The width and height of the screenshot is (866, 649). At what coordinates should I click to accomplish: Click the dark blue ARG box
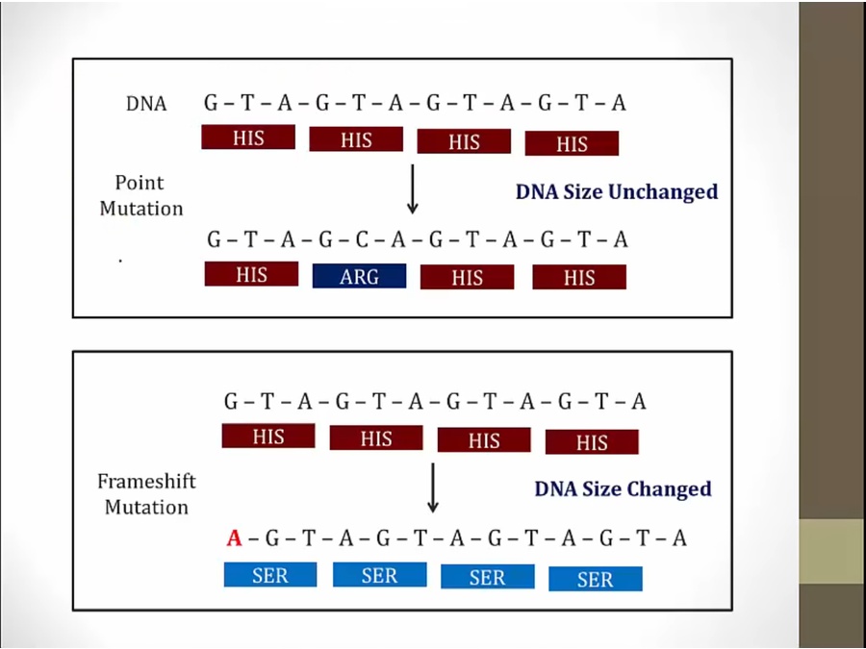tap(359, 277)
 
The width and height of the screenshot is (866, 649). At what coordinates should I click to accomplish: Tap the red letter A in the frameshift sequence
tap(234, 538)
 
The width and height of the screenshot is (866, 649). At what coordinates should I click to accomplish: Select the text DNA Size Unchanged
tap(616, 192)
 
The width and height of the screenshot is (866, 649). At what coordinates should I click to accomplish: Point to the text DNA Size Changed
tap(623, 489)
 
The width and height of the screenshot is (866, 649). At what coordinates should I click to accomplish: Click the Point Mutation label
tap(140, 195)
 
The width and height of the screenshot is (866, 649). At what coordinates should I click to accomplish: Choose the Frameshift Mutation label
tap(146, 494)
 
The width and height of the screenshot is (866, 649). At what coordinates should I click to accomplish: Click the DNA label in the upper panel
tap(146, 104)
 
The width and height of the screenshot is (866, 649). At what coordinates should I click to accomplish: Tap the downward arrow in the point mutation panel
tap(413, 188)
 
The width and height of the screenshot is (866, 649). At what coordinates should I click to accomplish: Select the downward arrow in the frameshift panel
tap(433, 487)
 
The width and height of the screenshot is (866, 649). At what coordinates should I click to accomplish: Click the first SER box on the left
tap(270, 575)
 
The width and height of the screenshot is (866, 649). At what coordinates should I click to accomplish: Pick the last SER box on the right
tap(595, 579)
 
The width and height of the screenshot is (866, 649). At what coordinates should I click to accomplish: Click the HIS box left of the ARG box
tap(251, 275)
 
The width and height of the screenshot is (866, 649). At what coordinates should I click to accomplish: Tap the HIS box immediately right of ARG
tap(467, 278)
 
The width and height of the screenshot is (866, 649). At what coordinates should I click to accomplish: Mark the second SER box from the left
tap(379, 575)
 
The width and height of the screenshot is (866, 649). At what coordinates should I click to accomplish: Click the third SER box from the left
tap(487, 577)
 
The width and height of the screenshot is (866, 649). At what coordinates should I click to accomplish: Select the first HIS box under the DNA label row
tap(247, 137)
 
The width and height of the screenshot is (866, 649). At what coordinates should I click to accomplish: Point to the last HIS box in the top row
tap(572, 143)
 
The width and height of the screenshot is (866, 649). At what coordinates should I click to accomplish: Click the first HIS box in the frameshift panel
tap(268, 437)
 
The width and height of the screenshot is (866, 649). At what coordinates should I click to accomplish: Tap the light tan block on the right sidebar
tap(832, 551)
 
